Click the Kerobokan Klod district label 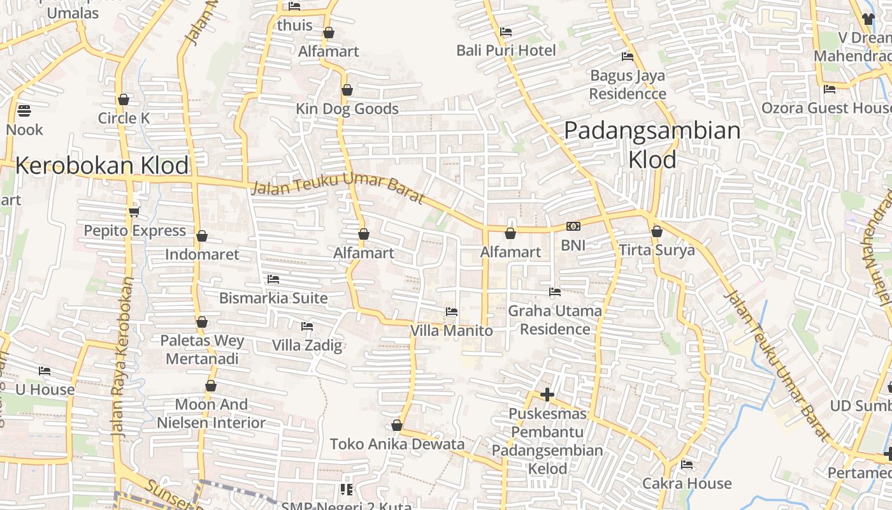(102, 166)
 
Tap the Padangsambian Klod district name (652, 145)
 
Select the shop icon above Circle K (124, 99)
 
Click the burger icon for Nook (24, 111)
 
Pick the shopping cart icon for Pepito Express (134, 212)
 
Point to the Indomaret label (202, 254)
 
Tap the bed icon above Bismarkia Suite (273, 279)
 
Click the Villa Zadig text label (307, 346)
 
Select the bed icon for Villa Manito (452, 312)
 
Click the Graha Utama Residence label (555, 320)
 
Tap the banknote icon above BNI (573, 226)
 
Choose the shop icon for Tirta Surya (657, 231)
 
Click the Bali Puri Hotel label (506, 50)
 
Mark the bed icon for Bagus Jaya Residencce (628, 57)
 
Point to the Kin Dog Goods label (347, 109)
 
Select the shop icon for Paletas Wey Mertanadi (202, 322)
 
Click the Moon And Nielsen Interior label (211, 414)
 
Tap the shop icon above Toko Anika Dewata (397, 425)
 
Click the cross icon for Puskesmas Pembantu (547, 395)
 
